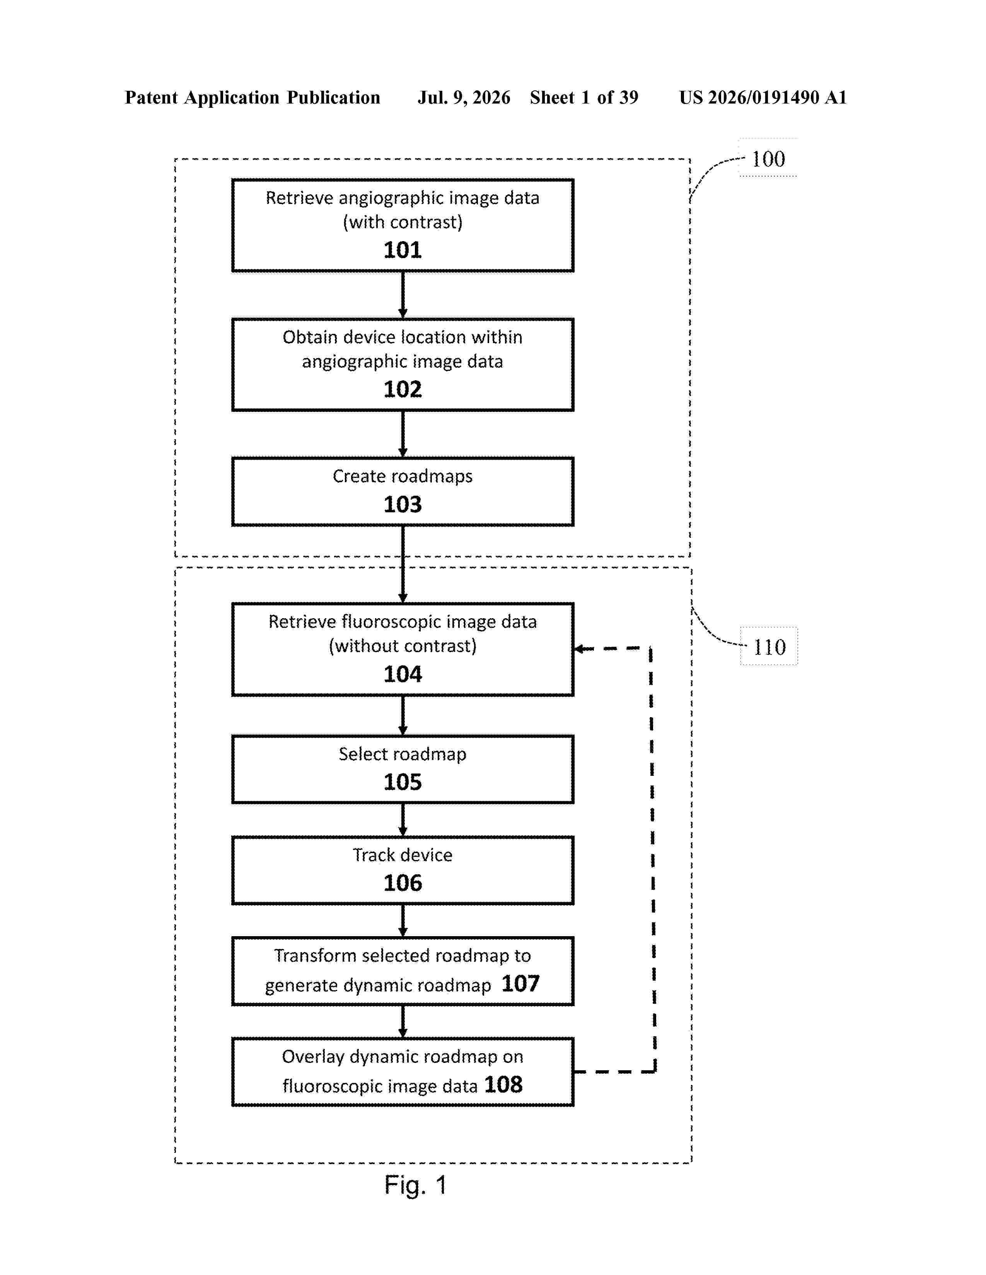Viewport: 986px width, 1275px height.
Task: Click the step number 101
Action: pos(403,250)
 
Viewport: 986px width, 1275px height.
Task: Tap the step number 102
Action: pos(403,389)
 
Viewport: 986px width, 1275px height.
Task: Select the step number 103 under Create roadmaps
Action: pos(403,504)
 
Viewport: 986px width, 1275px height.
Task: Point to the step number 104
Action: pos(403,674)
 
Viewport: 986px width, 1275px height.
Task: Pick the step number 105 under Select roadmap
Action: pos(403,782)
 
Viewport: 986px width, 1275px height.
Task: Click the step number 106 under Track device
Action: pos(403,883)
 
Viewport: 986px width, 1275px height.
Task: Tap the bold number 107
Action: pos(520,984)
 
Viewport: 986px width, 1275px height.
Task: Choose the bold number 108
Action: pos(503,1085)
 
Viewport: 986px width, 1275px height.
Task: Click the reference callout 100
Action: pos(768,159)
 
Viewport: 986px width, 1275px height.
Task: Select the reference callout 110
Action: pos(769,647)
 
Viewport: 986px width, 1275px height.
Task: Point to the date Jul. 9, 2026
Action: pos(464,97)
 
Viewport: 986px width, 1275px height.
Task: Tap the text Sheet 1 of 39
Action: pos(584,97)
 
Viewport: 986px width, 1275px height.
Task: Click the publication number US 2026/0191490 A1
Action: pos(763,97)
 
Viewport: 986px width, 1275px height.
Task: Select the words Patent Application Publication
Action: pos(252,97)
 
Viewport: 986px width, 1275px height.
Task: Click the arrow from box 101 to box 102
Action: pos(403,295)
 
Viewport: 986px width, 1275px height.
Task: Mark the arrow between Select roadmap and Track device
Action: pos(403,819)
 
